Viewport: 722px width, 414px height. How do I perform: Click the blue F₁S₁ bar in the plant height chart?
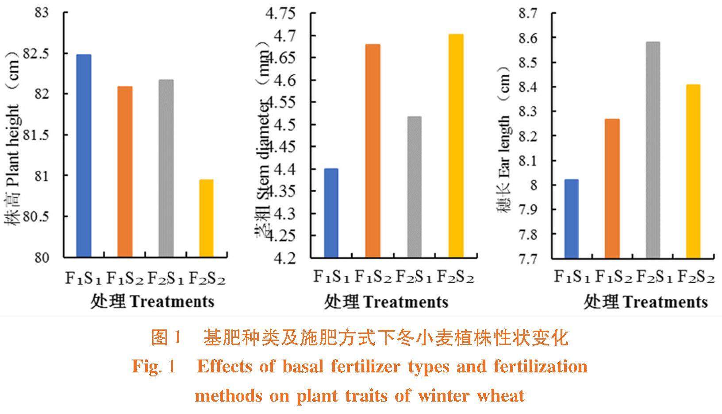(84, 155)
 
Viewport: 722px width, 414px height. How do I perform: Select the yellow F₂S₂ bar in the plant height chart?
(206, 218)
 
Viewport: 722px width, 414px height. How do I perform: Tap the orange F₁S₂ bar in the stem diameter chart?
(373, 151)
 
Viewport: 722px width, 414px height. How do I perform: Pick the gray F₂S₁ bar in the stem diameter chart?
(415, 186)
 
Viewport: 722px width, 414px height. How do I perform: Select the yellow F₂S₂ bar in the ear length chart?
(693, 171)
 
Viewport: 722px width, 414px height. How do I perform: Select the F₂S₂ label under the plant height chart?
(207, 279)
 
